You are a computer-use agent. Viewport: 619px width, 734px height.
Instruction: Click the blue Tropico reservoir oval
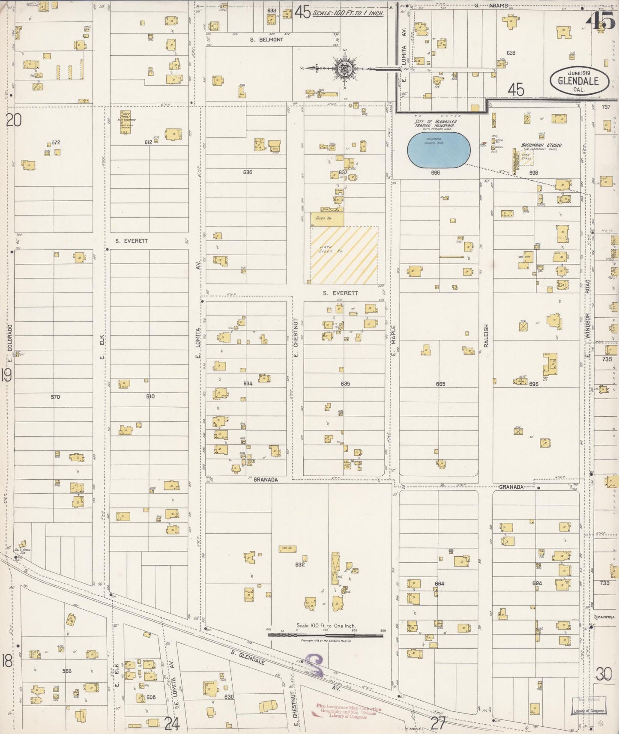point(439,150)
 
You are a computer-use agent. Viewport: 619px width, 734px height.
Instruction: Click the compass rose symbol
point(345,68)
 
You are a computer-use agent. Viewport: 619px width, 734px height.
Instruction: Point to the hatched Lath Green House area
point(344,255)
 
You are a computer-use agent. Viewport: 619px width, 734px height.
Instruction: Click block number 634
point(248,383)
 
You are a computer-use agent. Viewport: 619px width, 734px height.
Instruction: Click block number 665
point(440,384)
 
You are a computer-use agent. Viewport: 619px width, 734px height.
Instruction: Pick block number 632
point(300,564)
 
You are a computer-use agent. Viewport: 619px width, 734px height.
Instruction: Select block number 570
point(55,397)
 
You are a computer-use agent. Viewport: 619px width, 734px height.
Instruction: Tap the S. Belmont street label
point(267,39)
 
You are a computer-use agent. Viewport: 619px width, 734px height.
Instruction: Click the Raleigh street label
point(486,335)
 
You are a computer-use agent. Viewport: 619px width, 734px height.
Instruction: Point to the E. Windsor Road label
point(588,317)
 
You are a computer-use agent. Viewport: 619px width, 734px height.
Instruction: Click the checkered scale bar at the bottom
point(326,635)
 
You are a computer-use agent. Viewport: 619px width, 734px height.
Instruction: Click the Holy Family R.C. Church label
point(127,120)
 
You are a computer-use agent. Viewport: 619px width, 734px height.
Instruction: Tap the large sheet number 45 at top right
point(604,21)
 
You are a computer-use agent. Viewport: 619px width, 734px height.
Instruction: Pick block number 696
point(533,384)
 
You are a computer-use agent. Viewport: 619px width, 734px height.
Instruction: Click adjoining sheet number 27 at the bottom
point(438,723)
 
